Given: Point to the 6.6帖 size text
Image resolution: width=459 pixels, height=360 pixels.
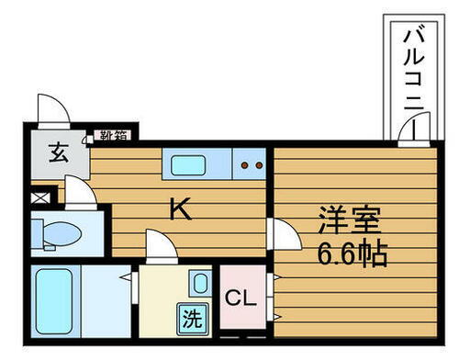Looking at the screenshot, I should point(352,253).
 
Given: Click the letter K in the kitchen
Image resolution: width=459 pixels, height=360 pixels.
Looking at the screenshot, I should point(180,211).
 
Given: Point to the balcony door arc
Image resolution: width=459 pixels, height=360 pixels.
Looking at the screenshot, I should point(409,133).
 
